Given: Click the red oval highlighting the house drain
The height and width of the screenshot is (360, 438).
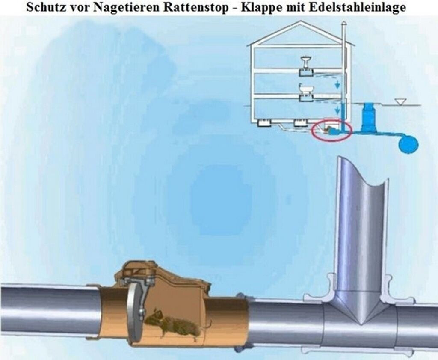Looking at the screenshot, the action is [332, 131].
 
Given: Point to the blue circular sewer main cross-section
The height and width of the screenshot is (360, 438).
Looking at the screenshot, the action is [408, 144].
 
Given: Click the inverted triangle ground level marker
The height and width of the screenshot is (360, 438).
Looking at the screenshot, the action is [401, 102].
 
